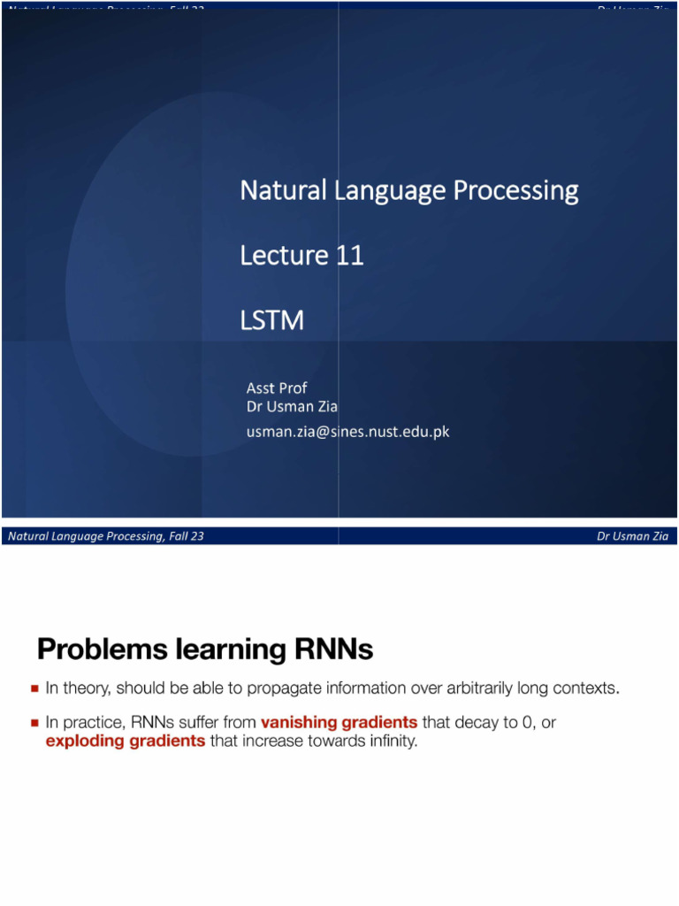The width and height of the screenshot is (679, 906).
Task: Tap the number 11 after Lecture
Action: point(349,256)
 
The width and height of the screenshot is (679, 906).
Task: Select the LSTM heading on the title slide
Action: point(271,320)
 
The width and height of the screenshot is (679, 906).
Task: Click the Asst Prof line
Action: point(276,388)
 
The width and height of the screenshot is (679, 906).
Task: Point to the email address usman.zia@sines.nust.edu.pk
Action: point(347,432)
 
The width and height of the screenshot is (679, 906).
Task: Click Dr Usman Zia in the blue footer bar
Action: point(632,536)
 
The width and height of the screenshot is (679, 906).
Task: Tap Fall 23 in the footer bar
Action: point(186,536)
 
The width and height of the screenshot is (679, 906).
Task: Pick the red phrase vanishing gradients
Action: point(339,723)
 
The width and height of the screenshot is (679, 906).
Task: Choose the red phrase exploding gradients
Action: point(126,741)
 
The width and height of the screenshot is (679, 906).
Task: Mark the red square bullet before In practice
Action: point(34,723)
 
